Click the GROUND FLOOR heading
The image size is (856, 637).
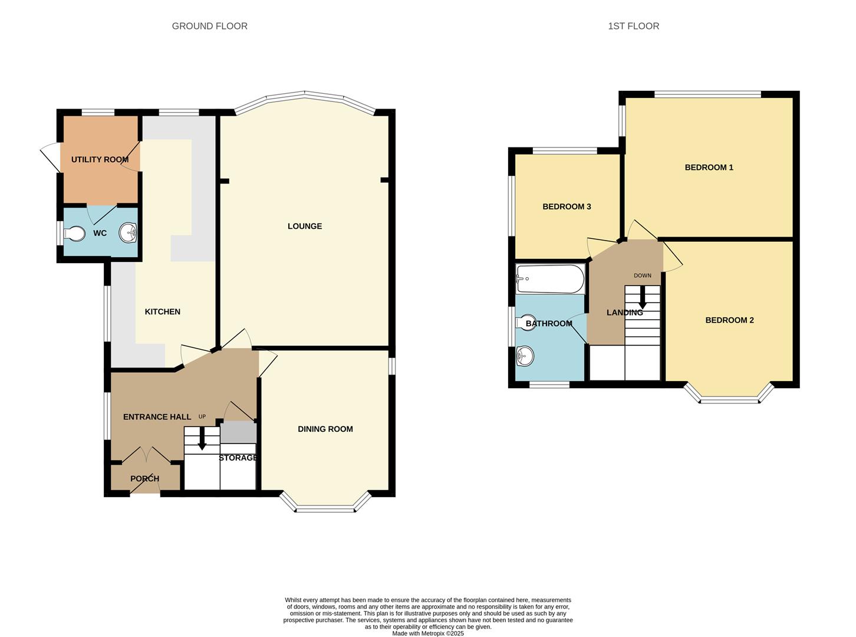[x=209, y=26]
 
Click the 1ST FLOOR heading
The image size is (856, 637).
[x=633, y=26]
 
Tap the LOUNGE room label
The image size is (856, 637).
[x=304, y=226]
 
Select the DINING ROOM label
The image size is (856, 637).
[x=325, y=429]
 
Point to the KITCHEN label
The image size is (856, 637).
[x=162, y=311]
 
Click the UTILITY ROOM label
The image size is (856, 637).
[x=100, y=159]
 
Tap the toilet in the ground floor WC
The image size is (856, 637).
[x=74, y=234]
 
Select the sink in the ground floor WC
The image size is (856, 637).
[x=128, y=234]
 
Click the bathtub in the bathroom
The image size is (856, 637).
[x=550, y=279]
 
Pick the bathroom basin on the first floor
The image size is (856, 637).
[x=524, y=356]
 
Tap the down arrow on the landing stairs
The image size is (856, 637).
[x=642, y=298]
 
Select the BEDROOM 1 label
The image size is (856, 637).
[x=709, y=168]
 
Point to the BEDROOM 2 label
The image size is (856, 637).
[x=729, y=320]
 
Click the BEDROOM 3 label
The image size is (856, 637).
[x=567, y=206]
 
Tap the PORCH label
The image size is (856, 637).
[x=144, y=478]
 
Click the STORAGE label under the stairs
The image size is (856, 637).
[x=238, y=458]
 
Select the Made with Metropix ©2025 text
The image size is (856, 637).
[x=427, y=633]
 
